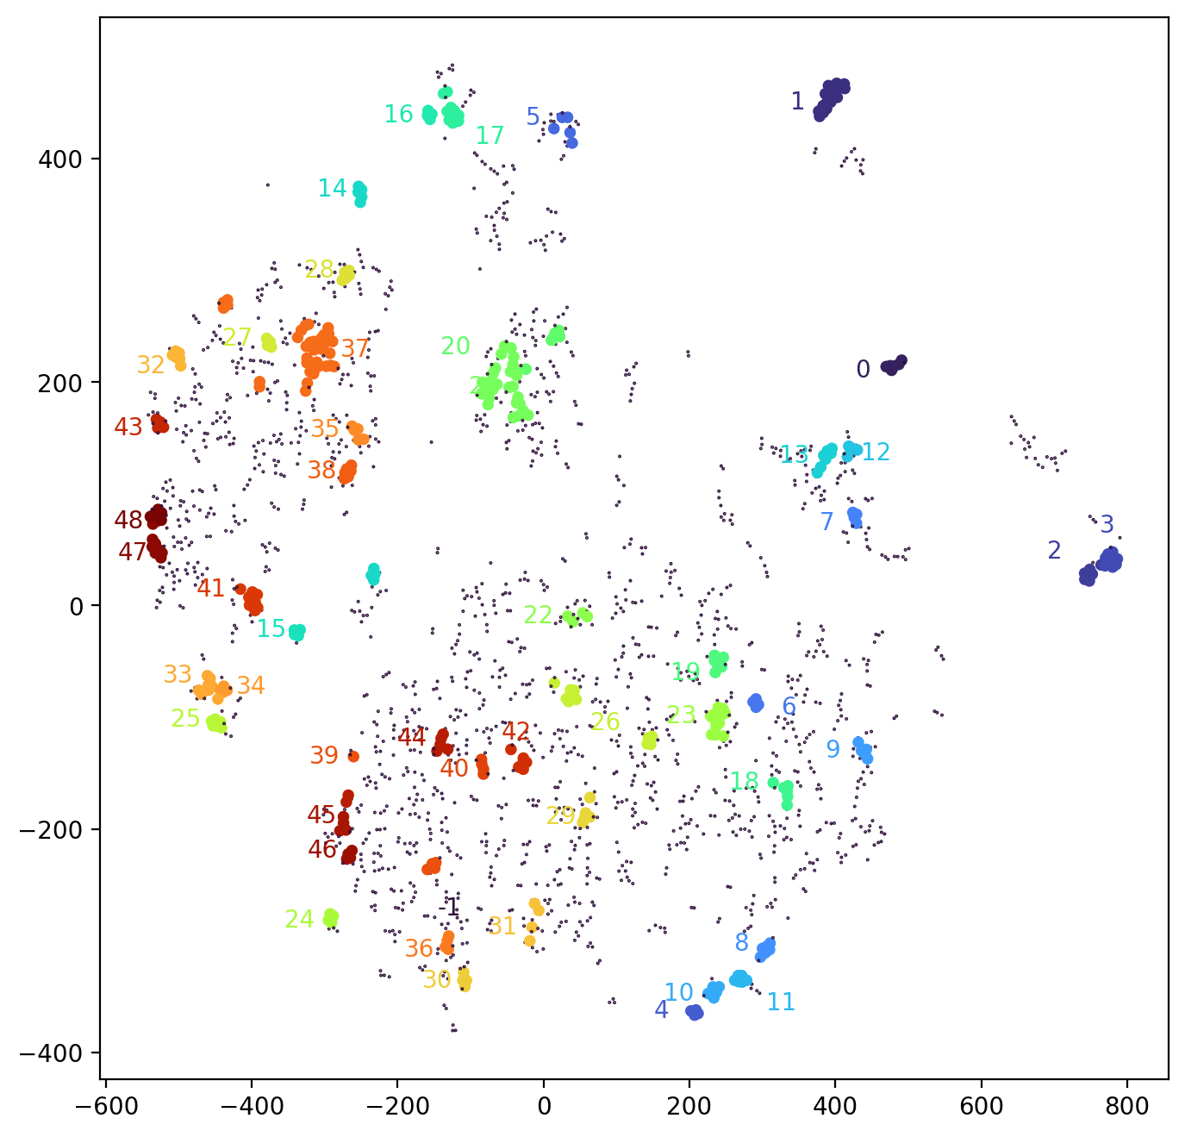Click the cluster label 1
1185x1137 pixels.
point(797,102)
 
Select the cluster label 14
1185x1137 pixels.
point(332,189)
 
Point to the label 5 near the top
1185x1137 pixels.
point(533,117)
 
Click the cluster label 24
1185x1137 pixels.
point(299,920)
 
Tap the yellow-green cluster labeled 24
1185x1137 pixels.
point(330,918)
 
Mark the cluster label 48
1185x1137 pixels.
point(128,521)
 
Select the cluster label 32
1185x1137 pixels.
point(151,365)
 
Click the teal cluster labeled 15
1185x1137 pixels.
point(296,633)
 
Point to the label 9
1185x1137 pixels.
point(833,750)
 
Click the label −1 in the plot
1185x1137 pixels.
point(449,907)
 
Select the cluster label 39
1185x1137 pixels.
point(324,756)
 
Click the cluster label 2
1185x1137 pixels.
point(1054,551)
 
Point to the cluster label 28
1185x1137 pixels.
point(319,270)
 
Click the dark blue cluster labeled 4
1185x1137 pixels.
point(695,1012)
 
